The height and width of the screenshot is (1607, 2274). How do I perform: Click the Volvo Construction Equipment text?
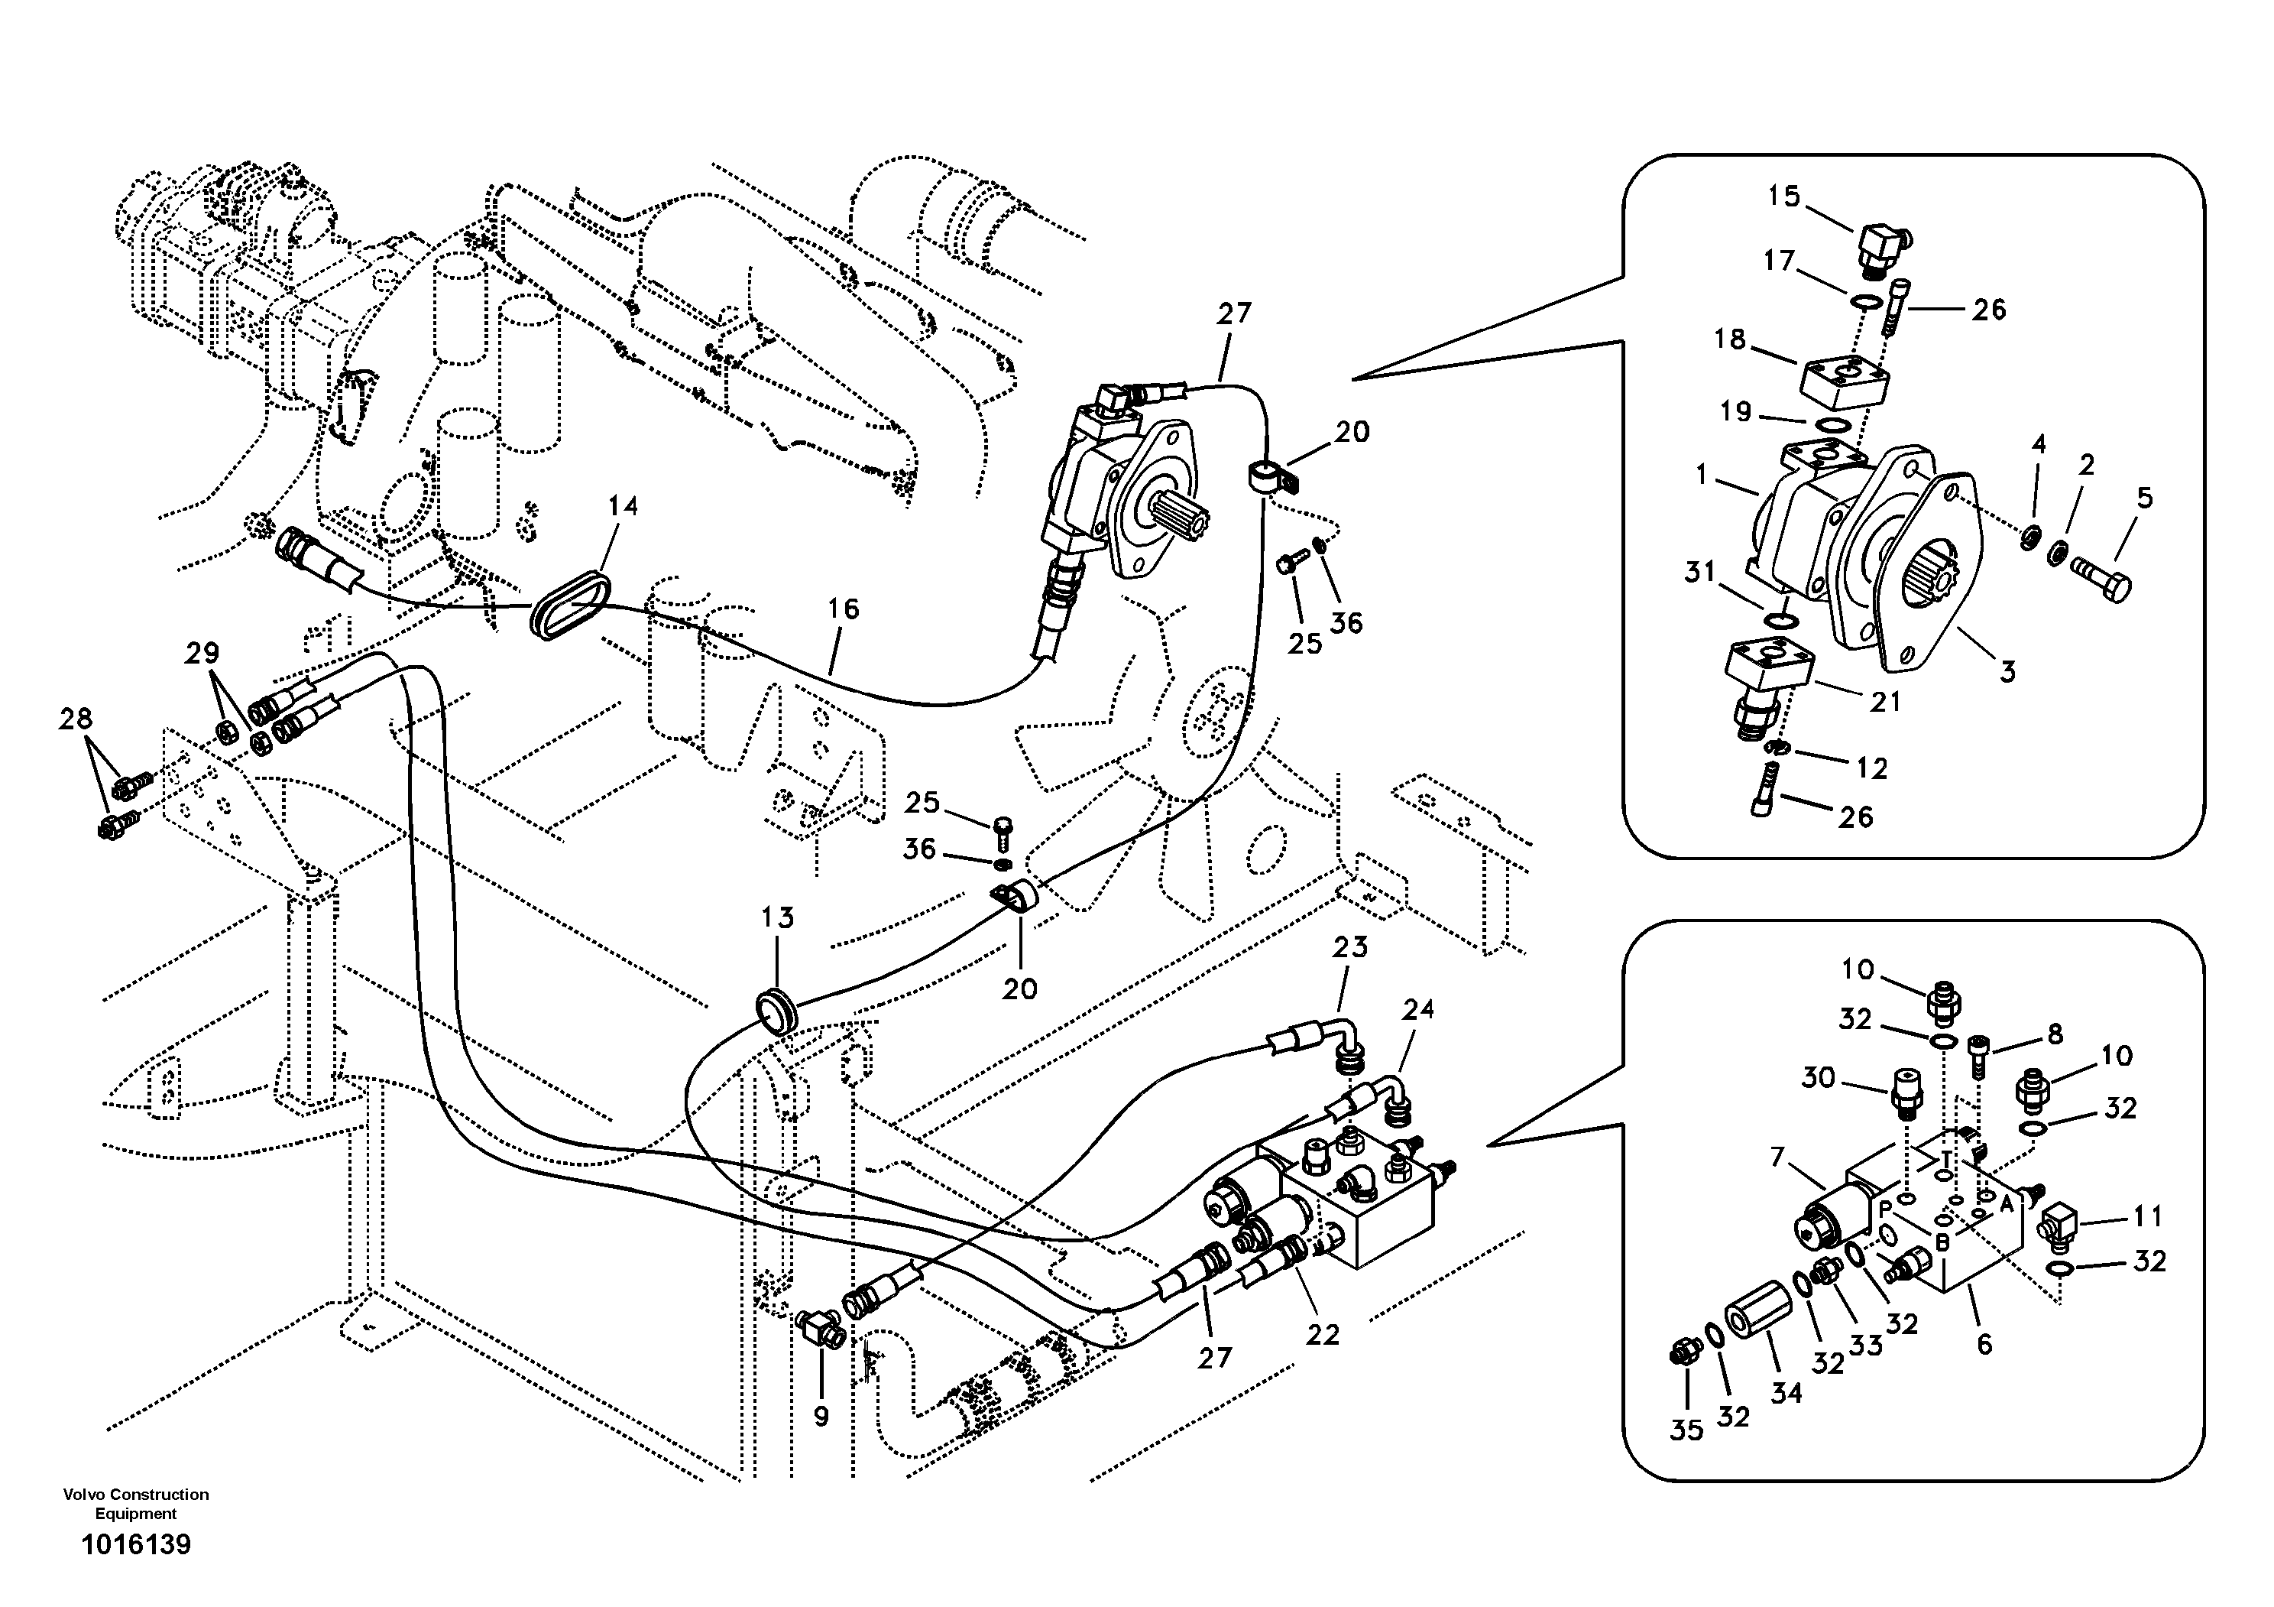(136, 1503)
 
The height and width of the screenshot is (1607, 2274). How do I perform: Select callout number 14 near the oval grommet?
(622, 506)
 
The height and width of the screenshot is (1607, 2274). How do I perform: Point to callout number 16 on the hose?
(843, 609)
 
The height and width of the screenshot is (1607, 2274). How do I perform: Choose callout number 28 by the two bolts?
(76, 719)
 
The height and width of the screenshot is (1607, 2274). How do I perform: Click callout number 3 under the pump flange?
(2007, 672)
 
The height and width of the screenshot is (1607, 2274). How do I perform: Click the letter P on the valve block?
(1886, 1208)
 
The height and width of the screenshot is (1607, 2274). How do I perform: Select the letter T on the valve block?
(1945, 1158)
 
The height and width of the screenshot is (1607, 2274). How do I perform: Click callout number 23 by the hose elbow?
(1349, 947)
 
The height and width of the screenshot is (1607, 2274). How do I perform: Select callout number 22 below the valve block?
(1322, 1335)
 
